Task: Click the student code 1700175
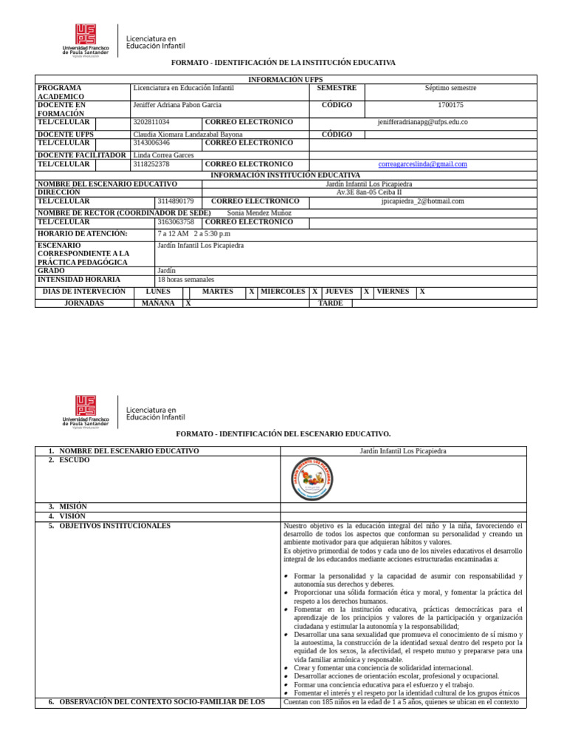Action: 450,106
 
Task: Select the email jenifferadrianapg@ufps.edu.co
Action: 422,122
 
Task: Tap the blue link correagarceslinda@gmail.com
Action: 422,164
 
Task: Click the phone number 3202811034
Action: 151,122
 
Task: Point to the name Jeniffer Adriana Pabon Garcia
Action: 177,106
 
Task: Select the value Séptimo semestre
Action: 450,88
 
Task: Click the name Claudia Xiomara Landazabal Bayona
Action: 188,135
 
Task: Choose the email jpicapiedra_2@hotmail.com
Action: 422,201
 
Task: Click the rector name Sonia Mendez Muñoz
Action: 259,213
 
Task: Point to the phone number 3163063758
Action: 176,221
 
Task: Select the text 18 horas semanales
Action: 186,280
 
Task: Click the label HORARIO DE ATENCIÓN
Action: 82,233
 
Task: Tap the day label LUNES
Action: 158,292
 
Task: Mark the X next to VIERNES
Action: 422,292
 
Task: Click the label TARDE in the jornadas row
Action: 330,303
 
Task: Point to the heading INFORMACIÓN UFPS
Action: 285,79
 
